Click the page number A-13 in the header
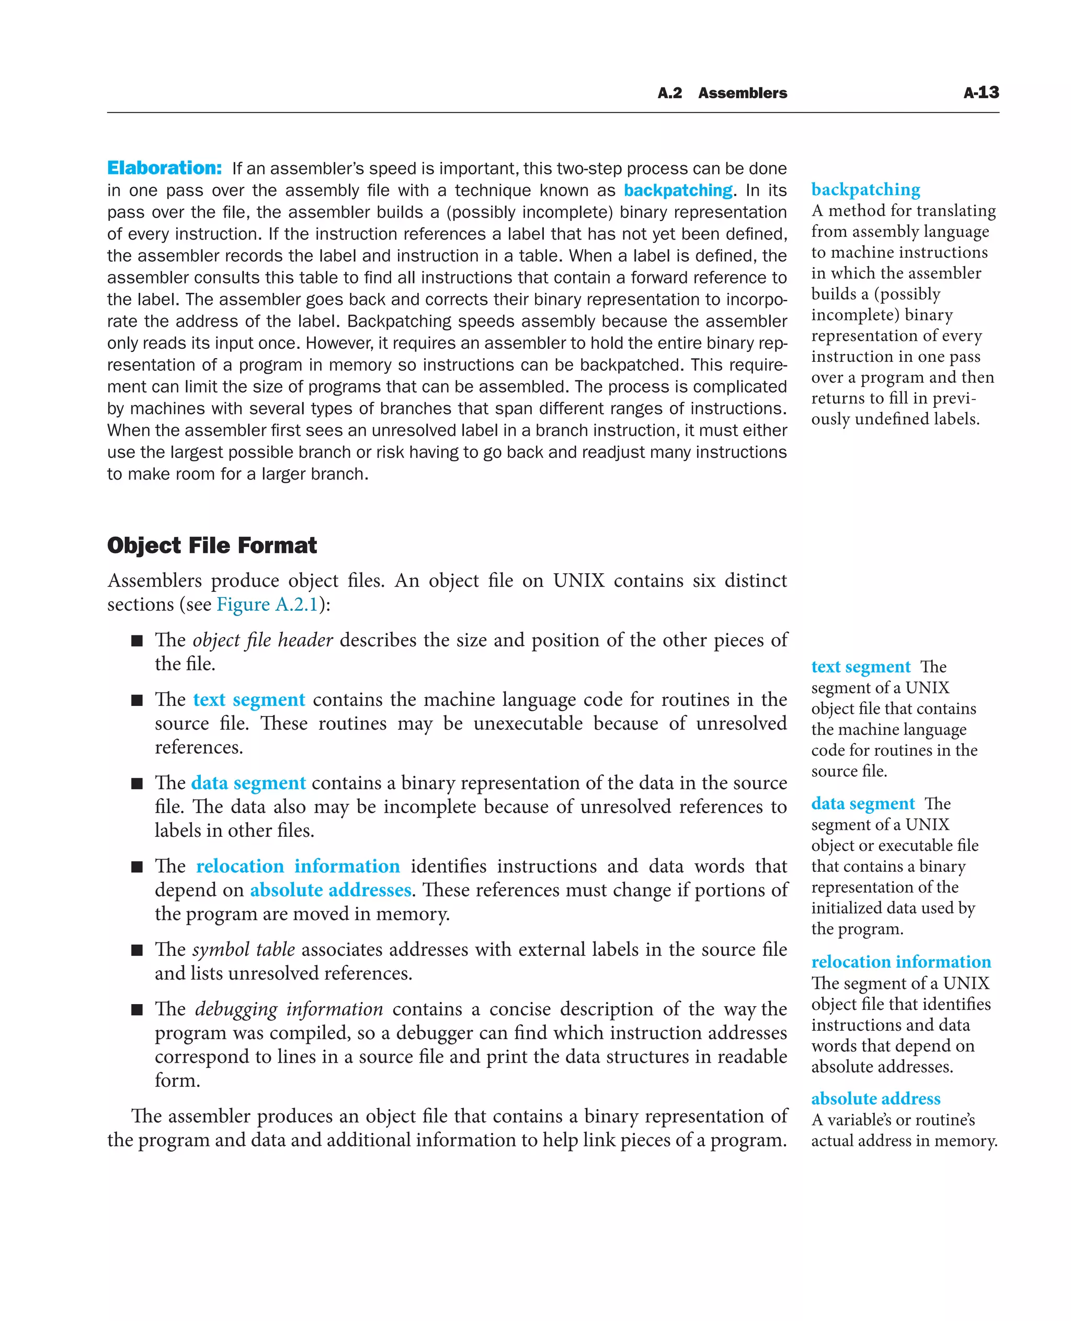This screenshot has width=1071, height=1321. click(x=981, y=93)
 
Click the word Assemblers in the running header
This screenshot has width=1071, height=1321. click(x=742, y=93)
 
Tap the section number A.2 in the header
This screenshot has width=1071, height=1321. click(x=669, y=93)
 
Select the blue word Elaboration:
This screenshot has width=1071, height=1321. click(x=164, y=168)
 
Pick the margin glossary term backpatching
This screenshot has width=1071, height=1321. click(x=865, y=189)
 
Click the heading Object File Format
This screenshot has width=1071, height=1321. click(x=212, y=545)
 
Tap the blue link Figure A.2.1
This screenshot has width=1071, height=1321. click(x=267, y=604)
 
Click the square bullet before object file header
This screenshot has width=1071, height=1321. click(x=137, y=641)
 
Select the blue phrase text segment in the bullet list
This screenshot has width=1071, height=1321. click(x=248, y=700)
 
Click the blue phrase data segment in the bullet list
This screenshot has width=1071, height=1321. click(x=248, y=783)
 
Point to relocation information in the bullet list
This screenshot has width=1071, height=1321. click(x=298, y=866)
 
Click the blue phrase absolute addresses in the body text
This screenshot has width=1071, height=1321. click(x=330, y=890)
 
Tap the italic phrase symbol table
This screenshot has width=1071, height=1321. click(x=243, y=950)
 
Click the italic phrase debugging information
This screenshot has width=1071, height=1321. click(x=289, y=1009)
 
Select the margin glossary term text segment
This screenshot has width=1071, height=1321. click(x=861, y=666)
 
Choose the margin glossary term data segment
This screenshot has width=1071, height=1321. click(x=862, y=803)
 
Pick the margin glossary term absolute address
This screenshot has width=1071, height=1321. click(x=875, y=1099)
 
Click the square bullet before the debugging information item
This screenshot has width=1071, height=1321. click(x=137, y=1009)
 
